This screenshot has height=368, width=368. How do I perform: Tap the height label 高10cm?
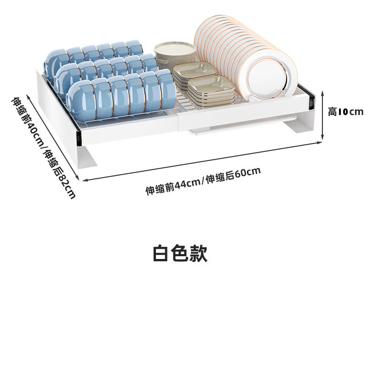tap(345, 112)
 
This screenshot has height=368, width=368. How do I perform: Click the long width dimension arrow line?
tap(202, 161)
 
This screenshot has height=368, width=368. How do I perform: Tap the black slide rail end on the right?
tap(312, 101)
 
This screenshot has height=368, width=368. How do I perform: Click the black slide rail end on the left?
tap(78, 136)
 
